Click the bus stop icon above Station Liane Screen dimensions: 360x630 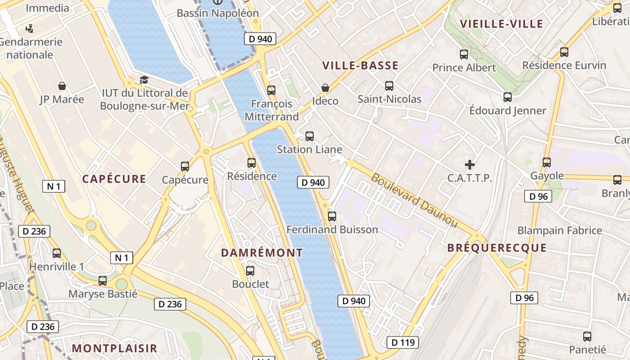coord(309,136)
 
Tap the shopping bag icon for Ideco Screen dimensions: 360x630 coord(325,88)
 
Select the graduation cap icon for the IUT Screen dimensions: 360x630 coord(144,80)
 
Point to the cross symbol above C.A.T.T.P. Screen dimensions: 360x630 coord(470,165)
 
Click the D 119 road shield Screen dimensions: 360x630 coord(402,342)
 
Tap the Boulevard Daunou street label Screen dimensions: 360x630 coord(414,200)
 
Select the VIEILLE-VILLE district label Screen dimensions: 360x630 coord(501,24)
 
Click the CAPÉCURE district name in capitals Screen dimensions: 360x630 coord(114,179)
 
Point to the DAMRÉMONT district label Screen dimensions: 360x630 coord(262,253)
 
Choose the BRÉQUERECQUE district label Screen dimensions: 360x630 coord(497,248)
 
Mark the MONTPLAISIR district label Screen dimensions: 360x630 coord(114,348)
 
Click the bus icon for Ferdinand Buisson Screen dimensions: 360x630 coord(332,216)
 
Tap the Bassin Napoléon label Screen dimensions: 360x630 coord(218,13)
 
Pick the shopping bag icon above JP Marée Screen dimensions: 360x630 coord(62,86)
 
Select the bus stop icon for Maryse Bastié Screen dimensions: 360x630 coord(103,281)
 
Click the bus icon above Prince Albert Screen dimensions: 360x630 coord(464,54)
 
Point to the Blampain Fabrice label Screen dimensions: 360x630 coord(559,230)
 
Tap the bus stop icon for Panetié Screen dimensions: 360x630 coord(587,336)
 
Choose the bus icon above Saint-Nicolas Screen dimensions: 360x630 coord(389,85)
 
